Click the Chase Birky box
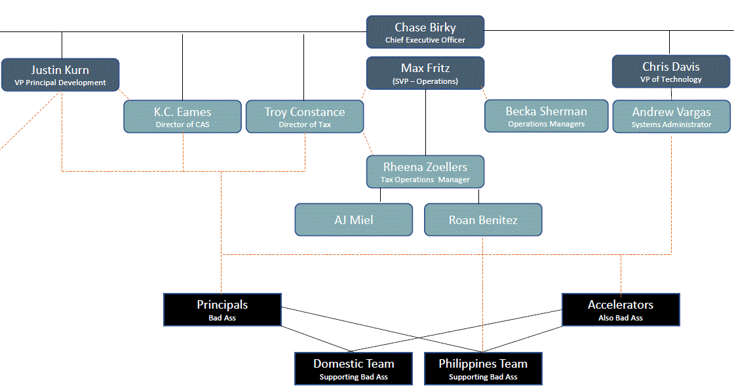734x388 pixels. (425, 32)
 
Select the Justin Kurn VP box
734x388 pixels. (60, 75)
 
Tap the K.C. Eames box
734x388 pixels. (182, 116)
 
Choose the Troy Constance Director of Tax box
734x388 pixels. (304, 116)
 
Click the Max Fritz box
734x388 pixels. (425, 73)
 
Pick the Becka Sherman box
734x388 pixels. (546, 116)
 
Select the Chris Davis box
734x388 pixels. (670, 71)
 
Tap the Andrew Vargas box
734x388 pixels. (671, 116)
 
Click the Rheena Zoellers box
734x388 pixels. (425, 172)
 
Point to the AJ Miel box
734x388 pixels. (354, 220)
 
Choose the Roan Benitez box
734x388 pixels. (483, 220)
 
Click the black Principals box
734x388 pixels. (222, 309)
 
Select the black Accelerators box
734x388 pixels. (621, 309)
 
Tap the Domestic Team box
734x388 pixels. (354, 368)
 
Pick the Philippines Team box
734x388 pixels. (483, 368)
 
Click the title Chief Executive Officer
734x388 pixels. (425, 40)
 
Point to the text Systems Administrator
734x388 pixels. (671, 125)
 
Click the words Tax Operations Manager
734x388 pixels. (425, 180)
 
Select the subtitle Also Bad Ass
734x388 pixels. (621, 318)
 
